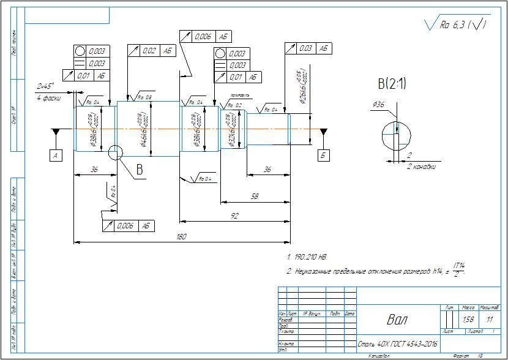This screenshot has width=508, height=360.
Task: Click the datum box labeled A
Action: click(x=56, y=156)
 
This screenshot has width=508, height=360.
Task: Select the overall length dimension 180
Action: click(x=182, y=237)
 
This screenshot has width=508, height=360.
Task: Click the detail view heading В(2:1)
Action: click(x=393, y=83)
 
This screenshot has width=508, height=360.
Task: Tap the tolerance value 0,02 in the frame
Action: click(x=149, y=51)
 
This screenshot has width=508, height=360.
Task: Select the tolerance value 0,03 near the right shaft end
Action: click(x=305, y=48)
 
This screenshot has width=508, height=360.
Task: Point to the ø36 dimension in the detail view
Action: click(x=378, y=105)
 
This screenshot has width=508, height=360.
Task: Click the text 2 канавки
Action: click(x=420, y=166)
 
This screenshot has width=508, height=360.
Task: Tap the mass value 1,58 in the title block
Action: click(x=468, y=319)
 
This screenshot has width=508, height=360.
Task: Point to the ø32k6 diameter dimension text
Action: click(x=230, y=129)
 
